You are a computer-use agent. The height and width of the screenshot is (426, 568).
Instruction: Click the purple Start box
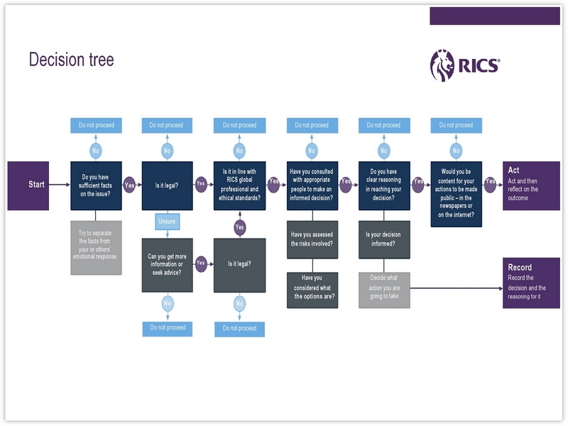pos(28,185)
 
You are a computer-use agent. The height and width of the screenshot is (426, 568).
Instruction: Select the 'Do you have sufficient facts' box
pos(96,185)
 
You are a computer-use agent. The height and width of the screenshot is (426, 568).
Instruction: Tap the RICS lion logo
pos(442,66)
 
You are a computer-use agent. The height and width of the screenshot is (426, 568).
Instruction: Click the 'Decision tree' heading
pos(71,60)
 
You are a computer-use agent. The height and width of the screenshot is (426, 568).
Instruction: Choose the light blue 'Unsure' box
pos(168,222)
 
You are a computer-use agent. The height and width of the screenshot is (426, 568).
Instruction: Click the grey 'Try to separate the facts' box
pos(96,247)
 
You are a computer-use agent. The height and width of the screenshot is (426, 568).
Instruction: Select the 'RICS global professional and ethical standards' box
pos(239,185)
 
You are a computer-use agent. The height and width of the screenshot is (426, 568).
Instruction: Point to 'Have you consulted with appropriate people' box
pos(312,185)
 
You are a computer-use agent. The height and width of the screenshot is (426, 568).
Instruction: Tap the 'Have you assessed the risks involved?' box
pos(312,239)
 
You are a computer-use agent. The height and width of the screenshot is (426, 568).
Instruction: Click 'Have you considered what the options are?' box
pos(312,290)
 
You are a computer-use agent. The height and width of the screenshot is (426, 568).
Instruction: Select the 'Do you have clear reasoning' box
pos(383,185)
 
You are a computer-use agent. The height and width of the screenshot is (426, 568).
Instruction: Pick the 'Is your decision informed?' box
pos(383,239)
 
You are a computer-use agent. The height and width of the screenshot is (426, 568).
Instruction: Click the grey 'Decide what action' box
pos(383,290)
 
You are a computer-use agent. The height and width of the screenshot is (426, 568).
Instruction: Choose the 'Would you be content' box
pos(457,194)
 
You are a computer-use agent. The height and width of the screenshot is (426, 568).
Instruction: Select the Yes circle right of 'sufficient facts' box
pos(130,184)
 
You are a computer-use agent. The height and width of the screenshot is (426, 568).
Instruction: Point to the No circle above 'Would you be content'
pos(457,151)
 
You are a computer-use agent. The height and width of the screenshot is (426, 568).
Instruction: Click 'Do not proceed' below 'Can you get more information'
pos(168,328)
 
